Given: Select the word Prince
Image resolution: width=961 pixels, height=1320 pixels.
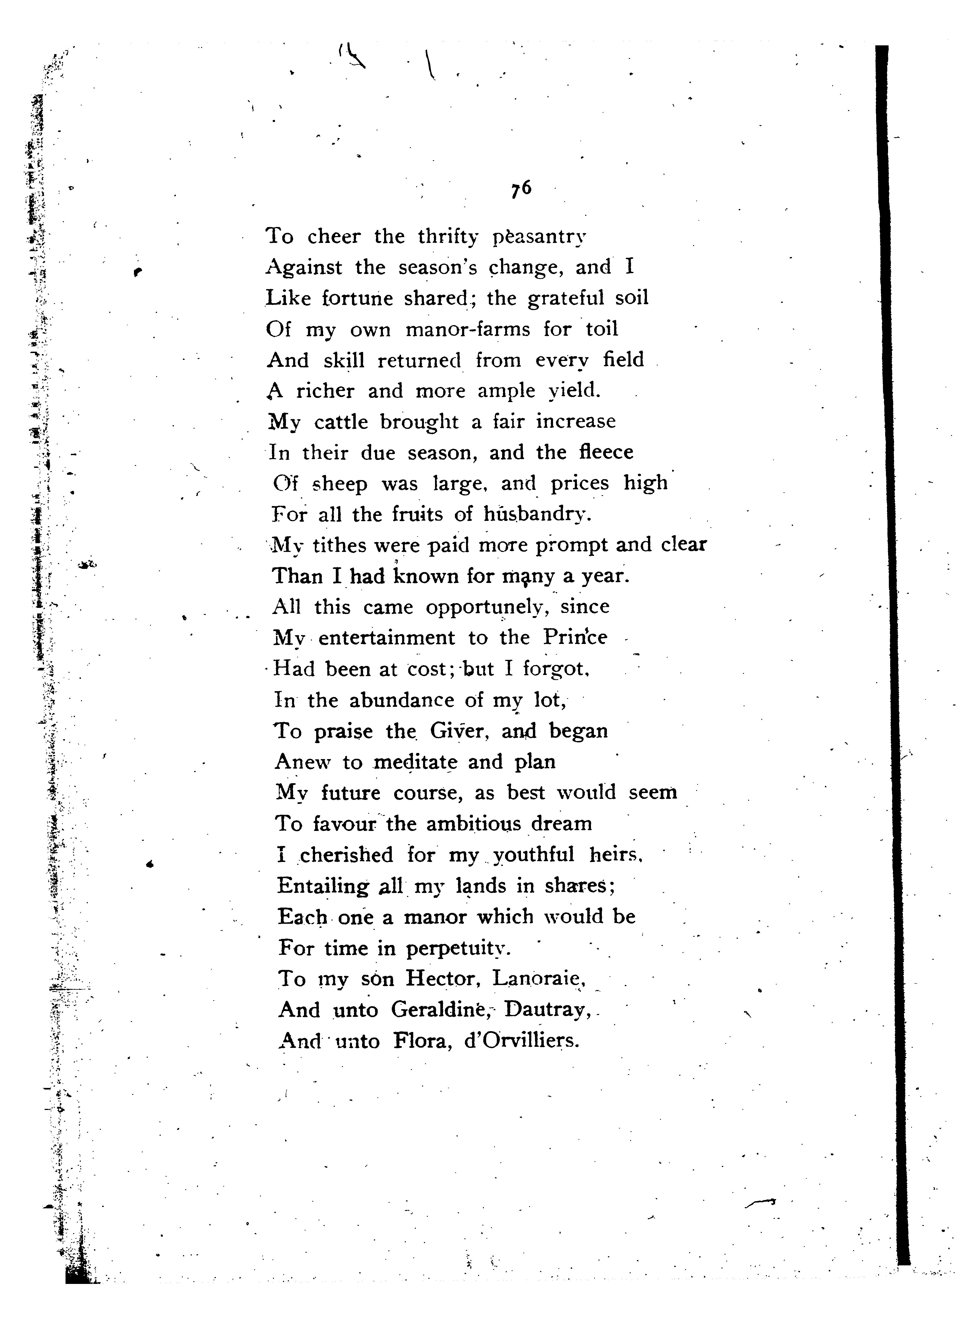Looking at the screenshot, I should click(575, 638).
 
